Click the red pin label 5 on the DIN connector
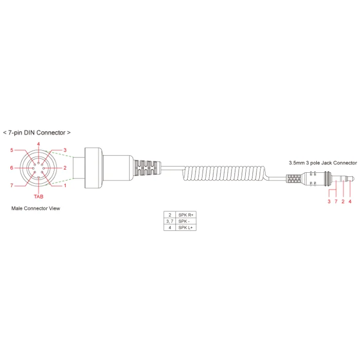tap(12, 150)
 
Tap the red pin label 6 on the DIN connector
tap(11, 168)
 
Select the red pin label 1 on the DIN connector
tap(65, 186)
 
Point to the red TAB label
tap(39, 196)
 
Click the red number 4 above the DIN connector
tap(39, 144)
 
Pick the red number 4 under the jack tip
tap(350, 202)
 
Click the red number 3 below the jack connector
tap(329, 202)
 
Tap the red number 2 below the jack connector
tap(343, 202)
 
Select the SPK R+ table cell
tap(186, 215)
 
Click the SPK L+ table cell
tap(186, 227)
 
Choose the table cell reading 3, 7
tap(170, 221)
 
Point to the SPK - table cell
tap(186, 221)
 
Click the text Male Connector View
tap(35, 208)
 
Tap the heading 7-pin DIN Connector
tap(37, 133)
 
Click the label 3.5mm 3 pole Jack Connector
tap(323, 163)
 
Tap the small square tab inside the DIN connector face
tap(39, 177)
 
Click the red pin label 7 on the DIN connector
tap(12, 186)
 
